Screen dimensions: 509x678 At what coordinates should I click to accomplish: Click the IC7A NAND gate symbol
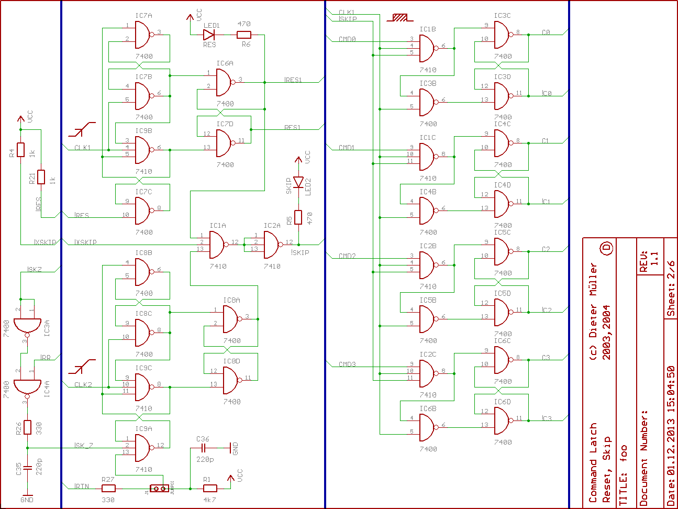click(143, 35)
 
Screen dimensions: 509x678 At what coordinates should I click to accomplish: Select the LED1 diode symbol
click(209, 35)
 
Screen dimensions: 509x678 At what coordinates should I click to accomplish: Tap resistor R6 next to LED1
click(244, 35)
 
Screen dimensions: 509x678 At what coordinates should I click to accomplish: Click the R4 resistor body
click(20, 150)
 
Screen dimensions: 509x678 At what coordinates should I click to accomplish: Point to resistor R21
click(41, 177)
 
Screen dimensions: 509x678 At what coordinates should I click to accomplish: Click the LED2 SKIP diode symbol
click(298, 182)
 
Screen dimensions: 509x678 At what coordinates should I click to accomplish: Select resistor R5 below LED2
click(298, 217)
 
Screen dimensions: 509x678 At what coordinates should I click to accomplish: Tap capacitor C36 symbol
click(204, 448)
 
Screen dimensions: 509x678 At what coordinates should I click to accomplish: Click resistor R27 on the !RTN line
click(108, 489)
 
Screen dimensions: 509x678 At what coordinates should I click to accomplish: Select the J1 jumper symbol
click(159, 489)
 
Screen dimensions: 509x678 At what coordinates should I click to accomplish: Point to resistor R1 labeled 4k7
click(209, 489)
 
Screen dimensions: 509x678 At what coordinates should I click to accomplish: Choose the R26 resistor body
click(27, 427)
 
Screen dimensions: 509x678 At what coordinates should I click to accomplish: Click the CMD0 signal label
click(347, 39)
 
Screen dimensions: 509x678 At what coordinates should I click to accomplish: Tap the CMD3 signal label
click(347, 364)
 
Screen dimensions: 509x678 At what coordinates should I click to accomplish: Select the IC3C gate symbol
click(502, 35)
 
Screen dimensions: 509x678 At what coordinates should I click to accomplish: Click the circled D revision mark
click(606, 248)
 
